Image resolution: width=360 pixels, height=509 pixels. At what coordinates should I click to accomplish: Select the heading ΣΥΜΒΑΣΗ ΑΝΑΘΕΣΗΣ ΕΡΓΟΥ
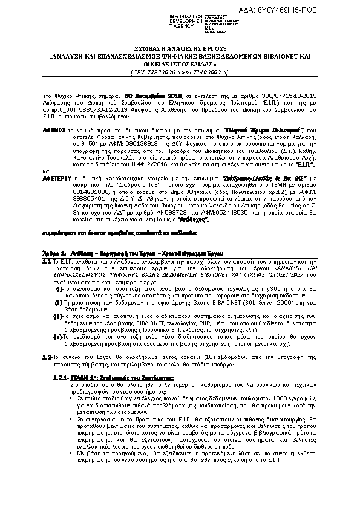pos(180,47)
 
